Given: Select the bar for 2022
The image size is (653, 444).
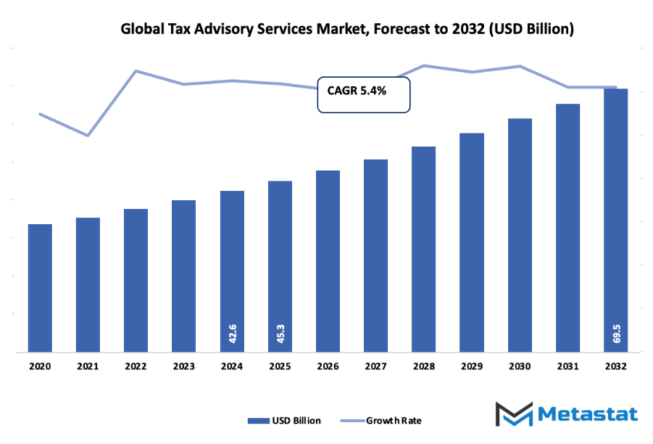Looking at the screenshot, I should click(136, 280).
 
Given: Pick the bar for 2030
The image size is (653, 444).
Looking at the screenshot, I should click(520, 235).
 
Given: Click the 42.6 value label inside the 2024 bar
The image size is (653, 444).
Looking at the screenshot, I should click(232, 333).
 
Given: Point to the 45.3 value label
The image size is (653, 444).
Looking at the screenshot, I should click(280, 333).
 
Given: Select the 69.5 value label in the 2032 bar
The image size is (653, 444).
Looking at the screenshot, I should click(616, 333).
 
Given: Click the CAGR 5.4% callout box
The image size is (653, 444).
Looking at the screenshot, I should click(364, 94).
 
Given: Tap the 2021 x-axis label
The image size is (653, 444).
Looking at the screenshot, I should click(88, 368).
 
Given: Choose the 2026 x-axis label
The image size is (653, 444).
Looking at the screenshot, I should click(328, 368).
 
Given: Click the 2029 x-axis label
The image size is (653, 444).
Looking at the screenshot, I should click(472, 368).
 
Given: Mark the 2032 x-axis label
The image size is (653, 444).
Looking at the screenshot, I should click(615, 368).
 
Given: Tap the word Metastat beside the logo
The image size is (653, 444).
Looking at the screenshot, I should click(588, 414).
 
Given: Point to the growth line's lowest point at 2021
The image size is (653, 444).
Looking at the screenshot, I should click(88, 136).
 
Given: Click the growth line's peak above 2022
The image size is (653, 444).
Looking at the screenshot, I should click(136, 71).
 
